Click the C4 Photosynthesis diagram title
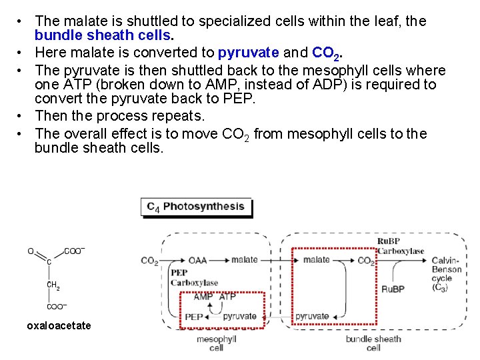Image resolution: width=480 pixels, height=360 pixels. pos(195,207)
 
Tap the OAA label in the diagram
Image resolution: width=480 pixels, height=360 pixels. pos(197,260)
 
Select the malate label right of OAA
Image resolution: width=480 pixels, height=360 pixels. pos(245,260)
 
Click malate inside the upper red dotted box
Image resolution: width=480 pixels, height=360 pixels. pos(316,260)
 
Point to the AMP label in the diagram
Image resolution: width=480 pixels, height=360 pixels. pos(203,297)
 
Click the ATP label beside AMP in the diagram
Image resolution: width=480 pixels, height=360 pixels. pos(227,297)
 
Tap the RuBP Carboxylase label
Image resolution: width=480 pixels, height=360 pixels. pos(400,246)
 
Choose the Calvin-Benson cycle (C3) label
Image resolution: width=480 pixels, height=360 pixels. pos(446,273)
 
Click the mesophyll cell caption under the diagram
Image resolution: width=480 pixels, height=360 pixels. pos(216,343)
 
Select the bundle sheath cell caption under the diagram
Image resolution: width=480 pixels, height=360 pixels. pos(373,343)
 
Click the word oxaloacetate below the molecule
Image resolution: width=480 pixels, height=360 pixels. pos(59,326)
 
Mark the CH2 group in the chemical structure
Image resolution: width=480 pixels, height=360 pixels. pos(53,285)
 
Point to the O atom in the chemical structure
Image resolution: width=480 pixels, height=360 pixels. pos(30,251)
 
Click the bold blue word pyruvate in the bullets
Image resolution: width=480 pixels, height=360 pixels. pos(248,52)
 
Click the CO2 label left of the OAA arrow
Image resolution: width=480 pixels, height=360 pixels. pos(149,261)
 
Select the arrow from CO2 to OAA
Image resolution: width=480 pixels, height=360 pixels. pos(173,260)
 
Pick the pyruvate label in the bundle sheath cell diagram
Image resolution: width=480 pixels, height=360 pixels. pos(312,316)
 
